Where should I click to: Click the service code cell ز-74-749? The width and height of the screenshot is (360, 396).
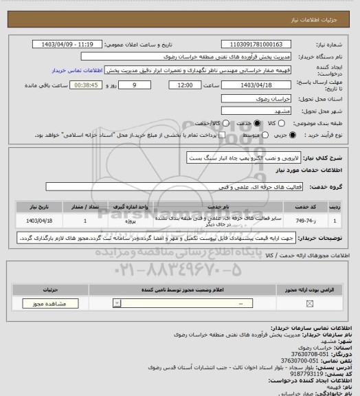point(300,221)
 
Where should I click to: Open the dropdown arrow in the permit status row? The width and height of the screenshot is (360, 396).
point(121,303)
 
